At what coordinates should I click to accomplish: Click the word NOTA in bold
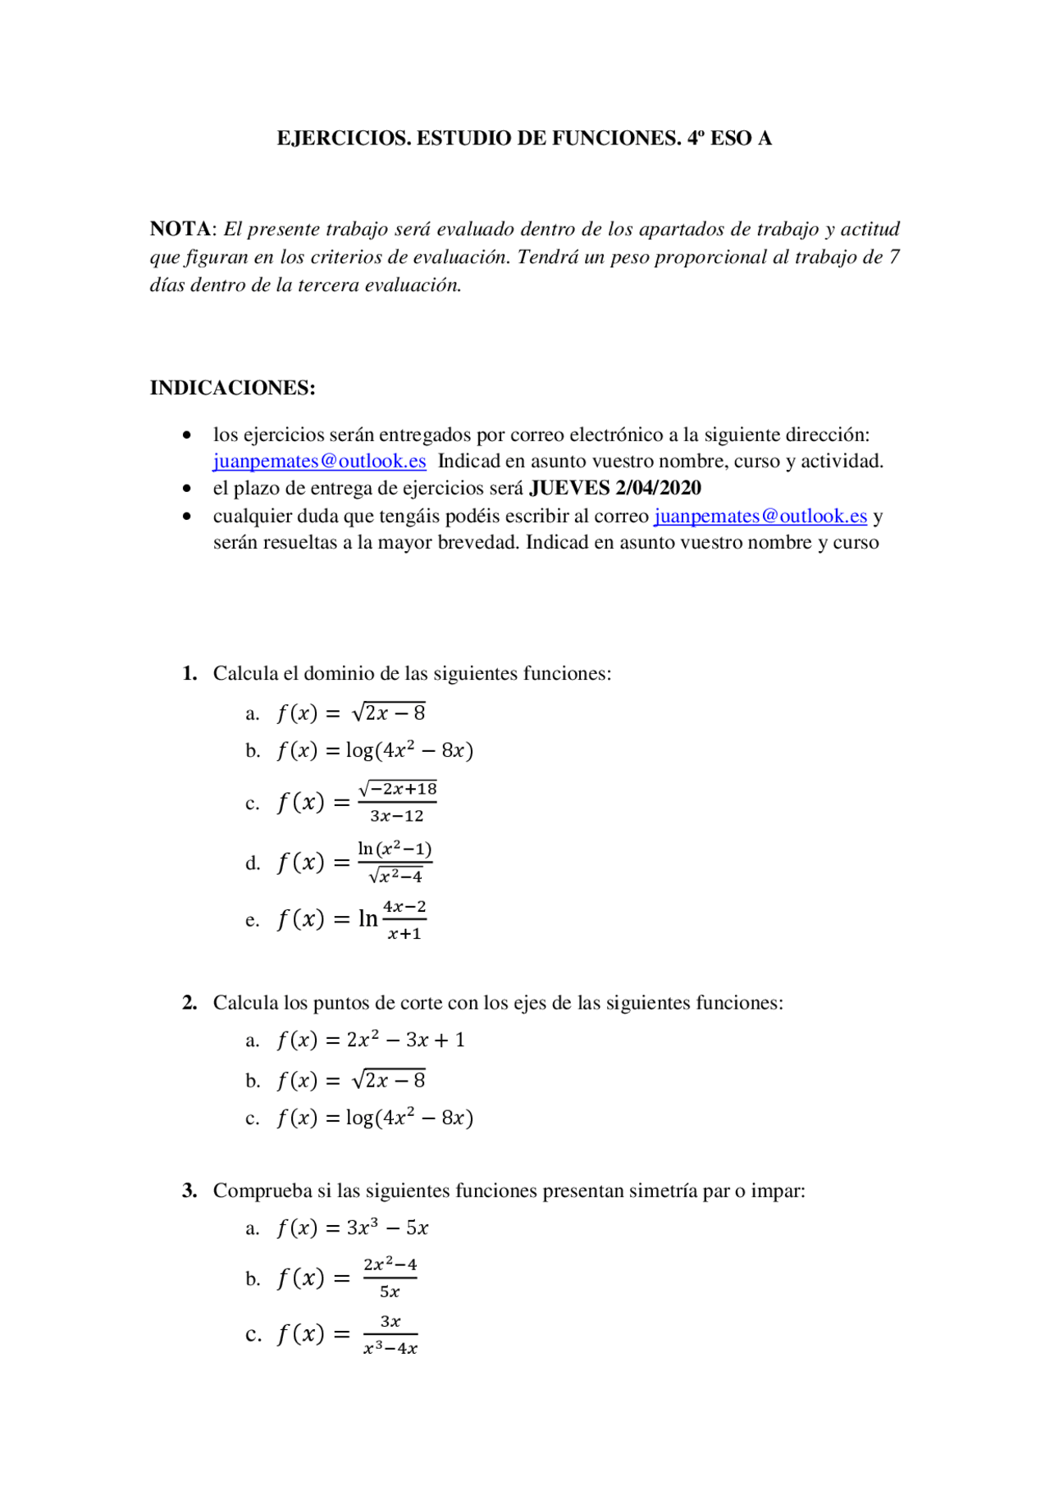(180, 229)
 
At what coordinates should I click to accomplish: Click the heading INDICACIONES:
(232, 388)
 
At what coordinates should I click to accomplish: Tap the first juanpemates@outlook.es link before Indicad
(319, 461)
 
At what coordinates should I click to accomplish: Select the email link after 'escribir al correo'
(760, 516)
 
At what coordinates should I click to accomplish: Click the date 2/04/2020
(658, 488)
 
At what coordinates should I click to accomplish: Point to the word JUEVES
(569, 488)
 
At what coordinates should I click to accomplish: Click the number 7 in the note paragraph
(894, 257)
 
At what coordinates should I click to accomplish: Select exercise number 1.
(189, 673)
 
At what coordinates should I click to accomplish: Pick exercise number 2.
(189, 1003)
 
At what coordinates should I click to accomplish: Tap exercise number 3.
(189, 1191)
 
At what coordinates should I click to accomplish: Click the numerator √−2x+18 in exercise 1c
(398, 789)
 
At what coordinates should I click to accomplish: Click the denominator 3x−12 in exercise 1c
(397, 816)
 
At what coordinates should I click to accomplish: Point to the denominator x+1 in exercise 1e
(404, 934)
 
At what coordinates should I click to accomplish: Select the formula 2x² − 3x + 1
(405, 1040)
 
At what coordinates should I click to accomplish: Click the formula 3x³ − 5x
(387, 1228)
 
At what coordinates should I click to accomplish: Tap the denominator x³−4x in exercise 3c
(390, 1348)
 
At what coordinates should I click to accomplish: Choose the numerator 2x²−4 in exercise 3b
(390, 1264)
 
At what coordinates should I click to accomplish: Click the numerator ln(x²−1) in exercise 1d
(395, 849)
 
